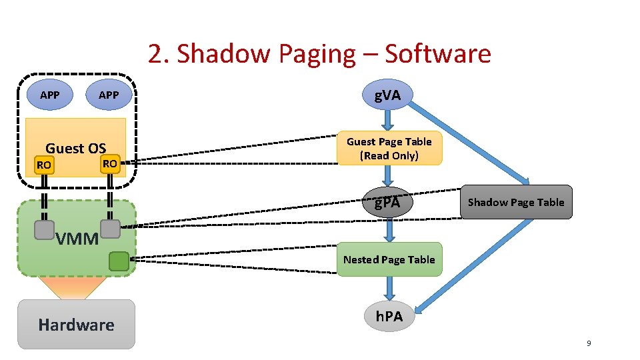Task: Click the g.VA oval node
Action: click(x=387, y=96)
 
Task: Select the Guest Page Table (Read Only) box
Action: click(x=389, y=148)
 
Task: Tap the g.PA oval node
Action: click(x=387, y=202)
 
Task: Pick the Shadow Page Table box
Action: click(x=515, y=202)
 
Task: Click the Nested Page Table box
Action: click(x=389, y=259)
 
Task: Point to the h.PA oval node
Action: click(x=389, y=316)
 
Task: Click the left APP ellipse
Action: click(x=49, y=95)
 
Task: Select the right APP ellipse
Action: click(x=108, y=95)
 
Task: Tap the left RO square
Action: click(x=44, y=165)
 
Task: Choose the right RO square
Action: click(x=110, y=163)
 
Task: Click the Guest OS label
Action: click(x=75, y=148)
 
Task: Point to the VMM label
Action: click(x=77, y=238)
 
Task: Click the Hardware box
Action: click(x=76, y=325)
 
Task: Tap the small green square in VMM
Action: click(x=119, y=261)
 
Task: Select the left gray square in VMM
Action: click(x=44, y=230)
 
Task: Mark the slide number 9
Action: click(x=589, y=343)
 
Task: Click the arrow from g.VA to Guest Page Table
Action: click(x=388, y=121)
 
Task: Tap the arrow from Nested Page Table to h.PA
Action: click(x=389, y=289)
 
